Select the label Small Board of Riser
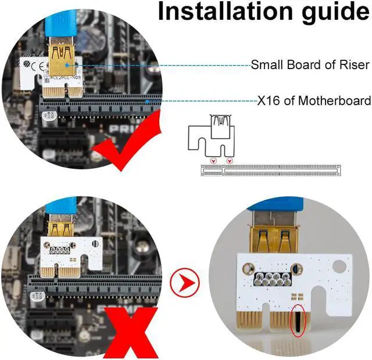pos(301,65)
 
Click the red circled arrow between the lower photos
pos(185,284)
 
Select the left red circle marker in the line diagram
pos(213,160)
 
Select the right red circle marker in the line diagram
pos(230,160)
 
